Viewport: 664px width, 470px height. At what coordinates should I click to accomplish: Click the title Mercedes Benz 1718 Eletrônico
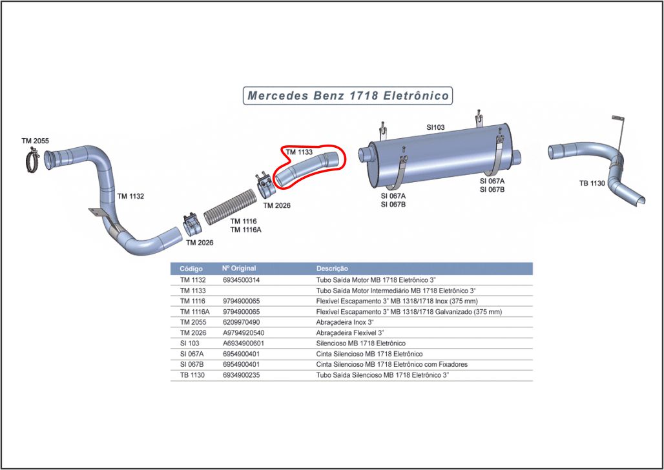pyautogui.click(x=348, y=96)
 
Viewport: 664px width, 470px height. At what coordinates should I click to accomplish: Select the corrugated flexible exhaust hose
pyautogui.click(x=231, y=207)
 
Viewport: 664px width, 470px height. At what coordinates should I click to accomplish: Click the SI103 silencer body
pyautogui.click(x=441, y=156)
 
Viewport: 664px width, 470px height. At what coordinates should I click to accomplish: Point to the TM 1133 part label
pyautogui.click(x=299, y=152)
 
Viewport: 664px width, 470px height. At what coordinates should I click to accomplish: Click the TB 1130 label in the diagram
pyautogui.click(x=592, y=183)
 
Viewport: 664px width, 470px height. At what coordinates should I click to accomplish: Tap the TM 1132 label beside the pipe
pyautogui.click(x=131, y=196)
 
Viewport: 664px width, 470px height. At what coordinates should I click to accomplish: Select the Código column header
pyautogui.click(x=191, y=269)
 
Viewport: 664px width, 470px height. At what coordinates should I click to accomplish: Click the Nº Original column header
pyautogui.click(x=239, y=268)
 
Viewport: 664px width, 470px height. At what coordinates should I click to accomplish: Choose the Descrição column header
pyautogui.click(x=332, y=269)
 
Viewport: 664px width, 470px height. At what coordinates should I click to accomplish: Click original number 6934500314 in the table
pyautogui.click(x=241, y=280)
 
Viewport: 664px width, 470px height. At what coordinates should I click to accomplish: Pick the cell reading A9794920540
pyautogui.click(x=244, y=333)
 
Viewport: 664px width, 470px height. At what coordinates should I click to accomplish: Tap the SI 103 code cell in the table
pyautogui.click(x=189, y=343)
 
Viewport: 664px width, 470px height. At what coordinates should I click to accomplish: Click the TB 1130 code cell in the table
pyautogui.click(x=192, y=374)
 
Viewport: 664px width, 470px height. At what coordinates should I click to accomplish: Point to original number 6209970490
pyautogui.click(x=241, y=322)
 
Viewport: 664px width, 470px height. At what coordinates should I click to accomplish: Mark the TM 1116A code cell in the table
pyautogui.click(x=194, y=312)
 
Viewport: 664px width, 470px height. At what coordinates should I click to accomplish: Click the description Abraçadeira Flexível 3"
pyautogui.click(x=344, y=333)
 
